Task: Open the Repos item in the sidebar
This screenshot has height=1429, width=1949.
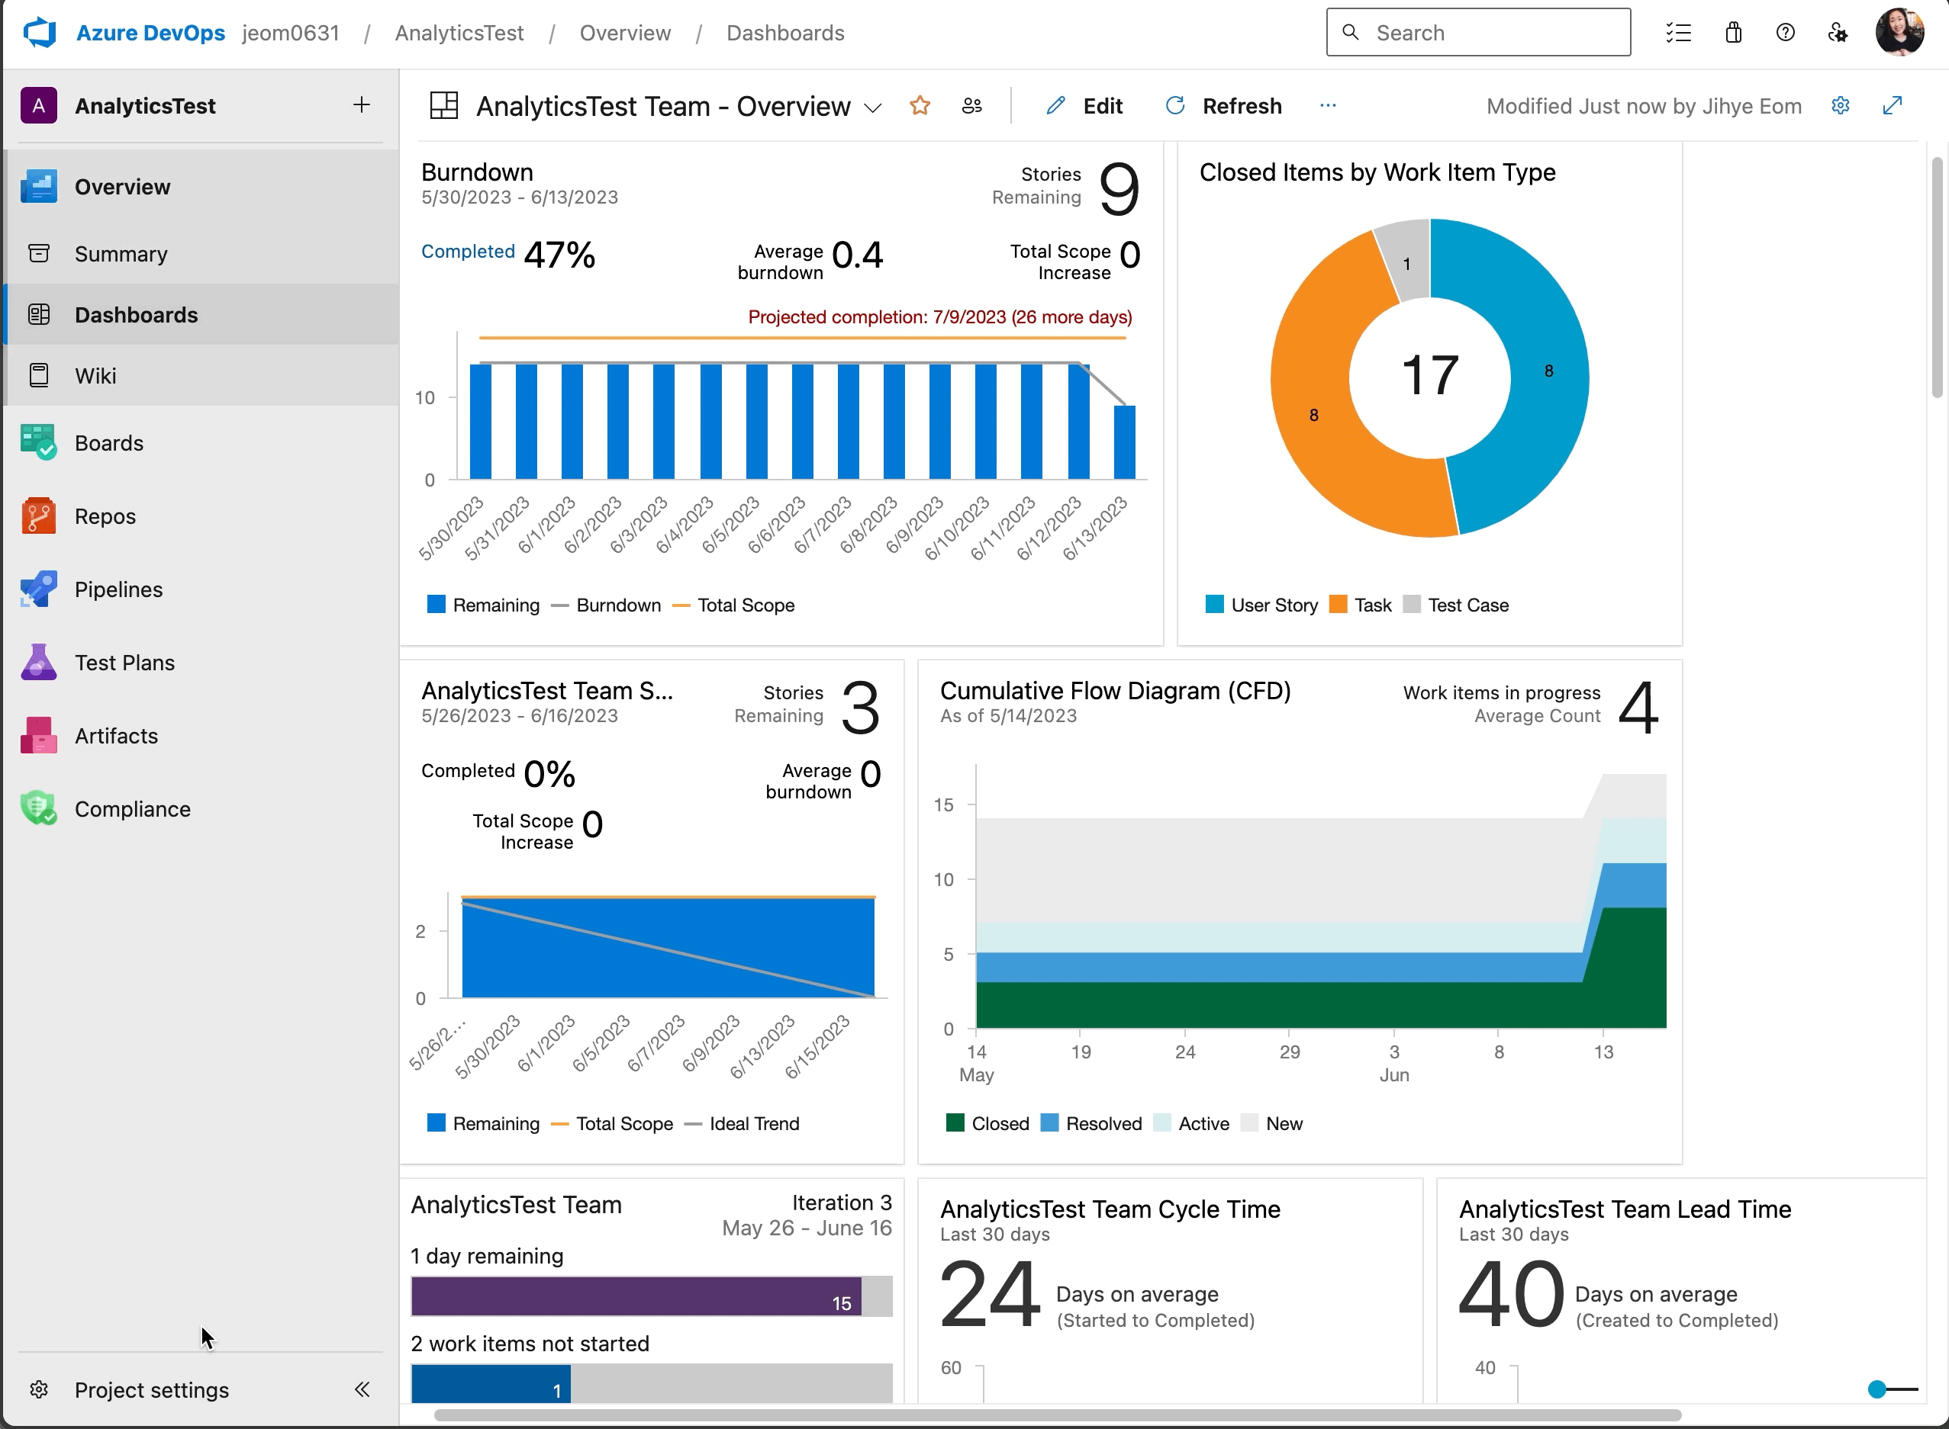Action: pos(105,516)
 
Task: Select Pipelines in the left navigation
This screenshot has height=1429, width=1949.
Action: pos(118,590)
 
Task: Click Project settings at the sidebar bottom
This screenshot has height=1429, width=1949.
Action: pos(151,1390)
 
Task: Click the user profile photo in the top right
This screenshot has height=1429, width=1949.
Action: pos(1899,33)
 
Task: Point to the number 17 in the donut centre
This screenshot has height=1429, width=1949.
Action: pos(1430,376)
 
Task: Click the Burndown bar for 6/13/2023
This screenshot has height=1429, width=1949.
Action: pos(1124,442)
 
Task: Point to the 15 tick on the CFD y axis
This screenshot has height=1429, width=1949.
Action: pos(943,805)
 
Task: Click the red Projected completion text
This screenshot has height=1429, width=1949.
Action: pos(940,317)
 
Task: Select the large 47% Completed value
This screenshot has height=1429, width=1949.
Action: pos(560,255)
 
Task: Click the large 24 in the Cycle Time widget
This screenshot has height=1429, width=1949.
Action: pos(989,1295)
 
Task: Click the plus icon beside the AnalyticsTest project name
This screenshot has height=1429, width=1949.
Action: pos(362,105)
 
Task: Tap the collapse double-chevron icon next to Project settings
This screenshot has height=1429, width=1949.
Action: pos(362,1390)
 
